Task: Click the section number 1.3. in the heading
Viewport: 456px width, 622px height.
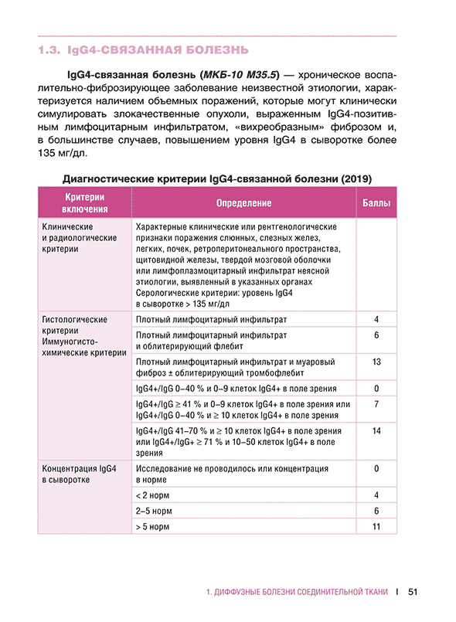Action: coord(50,51)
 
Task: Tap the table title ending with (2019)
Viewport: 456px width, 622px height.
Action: coord(217,178)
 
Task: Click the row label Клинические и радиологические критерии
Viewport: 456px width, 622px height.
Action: coord(79,239)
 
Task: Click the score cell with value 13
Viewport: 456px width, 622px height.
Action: coord(376,361)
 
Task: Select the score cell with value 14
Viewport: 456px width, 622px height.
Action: coord(376,430)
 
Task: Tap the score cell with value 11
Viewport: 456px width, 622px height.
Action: coord(376,526)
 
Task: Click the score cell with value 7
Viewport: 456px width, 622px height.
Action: coord(376,404)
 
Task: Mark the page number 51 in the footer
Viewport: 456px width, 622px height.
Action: coord(412,592)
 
